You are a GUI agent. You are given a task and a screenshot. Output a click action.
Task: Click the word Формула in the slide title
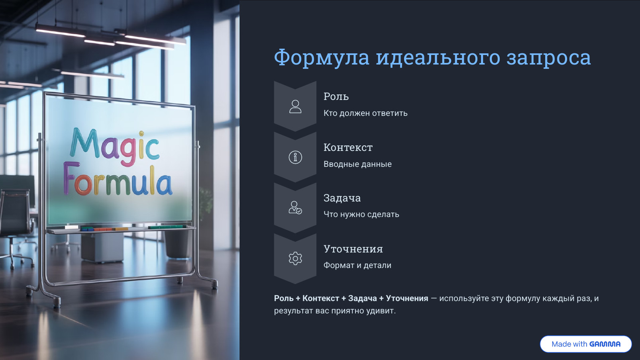click(x=322, y=58)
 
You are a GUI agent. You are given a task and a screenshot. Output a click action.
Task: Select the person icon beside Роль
click(x=295, y=107)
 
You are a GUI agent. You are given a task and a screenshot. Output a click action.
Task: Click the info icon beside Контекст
click(x=295, y=157)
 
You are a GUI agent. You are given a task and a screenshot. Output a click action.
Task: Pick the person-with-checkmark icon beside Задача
click(x=295, y=208)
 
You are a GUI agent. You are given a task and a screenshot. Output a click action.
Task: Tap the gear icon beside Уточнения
click(x=295, y=258)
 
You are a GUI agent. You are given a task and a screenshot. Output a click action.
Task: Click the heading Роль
click(x=336, y=96)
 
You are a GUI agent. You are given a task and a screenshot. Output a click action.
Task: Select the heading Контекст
click(x=348, y=147)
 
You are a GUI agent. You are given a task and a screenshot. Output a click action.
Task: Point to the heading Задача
click(x=342, y=198)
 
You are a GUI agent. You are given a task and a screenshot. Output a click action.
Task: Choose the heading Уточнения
click(x=353, y=249)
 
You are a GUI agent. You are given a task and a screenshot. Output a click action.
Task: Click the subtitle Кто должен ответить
click(x=365, y=113)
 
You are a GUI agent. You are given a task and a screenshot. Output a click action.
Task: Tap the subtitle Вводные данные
click(x=357, y=164)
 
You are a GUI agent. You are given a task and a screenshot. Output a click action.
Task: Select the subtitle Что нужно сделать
click(x=361, y=214)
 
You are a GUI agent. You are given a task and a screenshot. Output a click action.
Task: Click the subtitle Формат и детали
click(x=357, y=265)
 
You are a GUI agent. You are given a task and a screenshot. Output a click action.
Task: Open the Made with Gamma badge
click(x=585, y=344)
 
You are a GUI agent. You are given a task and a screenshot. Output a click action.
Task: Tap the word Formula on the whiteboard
click(x=118, y=181)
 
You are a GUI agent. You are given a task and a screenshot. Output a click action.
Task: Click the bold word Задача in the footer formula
click(x=362, y=298)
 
